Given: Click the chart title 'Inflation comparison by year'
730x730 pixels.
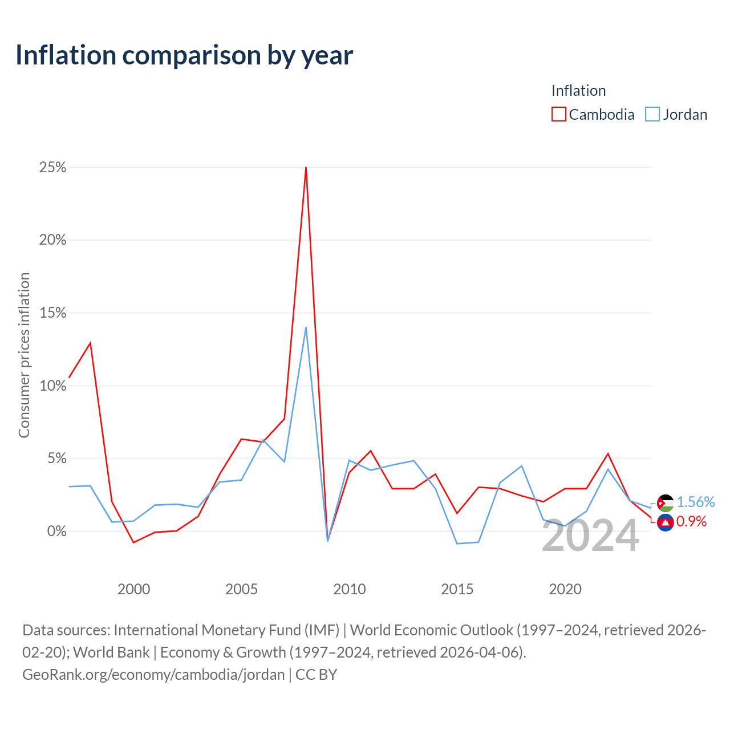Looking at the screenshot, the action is pos(184,56).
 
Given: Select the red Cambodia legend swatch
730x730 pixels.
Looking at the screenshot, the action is pos(559,114).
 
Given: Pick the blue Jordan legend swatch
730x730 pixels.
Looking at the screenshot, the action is pos(652,114).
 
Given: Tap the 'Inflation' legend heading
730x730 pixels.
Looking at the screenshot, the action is pos(578,91).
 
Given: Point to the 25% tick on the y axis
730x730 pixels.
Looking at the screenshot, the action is pos(52,167).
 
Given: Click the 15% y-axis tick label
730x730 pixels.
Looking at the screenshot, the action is pos(52,313).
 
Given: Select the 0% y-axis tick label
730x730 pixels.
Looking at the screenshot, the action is pos(57,531).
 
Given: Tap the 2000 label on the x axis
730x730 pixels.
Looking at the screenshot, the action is pos(133,589).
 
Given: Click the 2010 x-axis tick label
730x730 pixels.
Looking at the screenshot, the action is pos(349,589).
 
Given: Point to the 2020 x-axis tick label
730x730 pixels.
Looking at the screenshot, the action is pos(565,589).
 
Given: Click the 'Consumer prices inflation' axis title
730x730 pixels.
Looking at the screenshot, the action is pos(25,355).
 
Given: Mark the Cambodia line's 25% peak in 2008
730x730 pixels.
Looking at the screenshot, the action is pos(306,167).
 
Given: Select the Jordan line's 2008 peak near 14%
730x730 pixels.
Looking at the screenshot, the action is pos(306,327).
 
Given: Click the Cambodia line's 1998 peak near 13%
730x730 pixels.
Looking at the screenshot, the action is pos(90,343).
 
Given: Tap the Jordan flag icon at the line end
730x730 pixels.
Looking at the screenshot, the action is pos(665,503).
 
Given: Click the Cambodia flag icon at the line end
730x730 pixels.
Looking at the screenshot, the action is pos(665,523).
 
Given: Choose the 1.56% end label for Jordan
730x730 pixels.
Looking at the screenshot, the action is pos(696,502).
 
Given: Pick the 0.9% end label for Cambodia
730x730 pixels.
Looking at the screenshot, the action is pos(691,522).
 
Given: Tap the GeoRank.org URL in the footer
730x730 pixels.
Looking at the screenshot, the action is pos(153,675).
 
